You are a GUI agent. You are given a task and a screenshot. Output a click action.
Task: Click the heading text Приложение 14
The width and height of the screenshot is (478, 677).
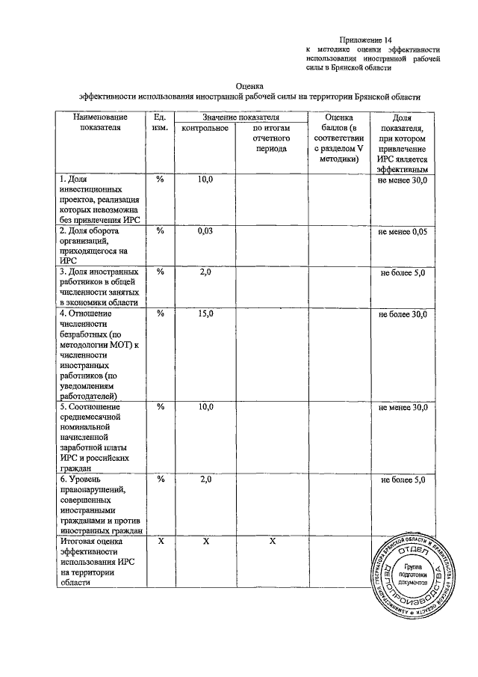[365, 39]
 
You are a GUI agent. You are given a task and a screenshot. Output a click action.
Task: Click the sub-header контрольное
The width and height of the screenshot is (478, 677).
[205, 129]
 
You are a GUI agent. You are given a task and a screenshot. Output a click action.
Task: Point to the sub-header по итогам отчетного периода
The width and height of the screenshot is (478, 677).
[270, 138]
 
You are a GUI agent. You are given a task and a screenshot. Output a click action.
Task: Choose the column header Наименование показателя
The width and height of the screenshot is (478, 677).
[99, 123]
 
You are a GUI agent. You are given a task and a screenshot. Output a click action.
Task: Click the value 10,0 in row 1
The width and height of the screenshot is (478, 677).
[205, 180]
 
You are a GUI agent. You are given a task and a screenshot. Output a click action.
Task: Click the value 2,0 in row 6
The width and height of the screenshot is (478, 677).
[205, 479]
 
